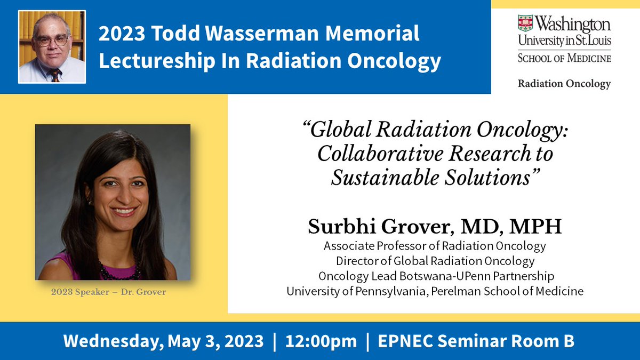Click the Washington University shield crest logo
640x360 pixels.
tap(525, 23)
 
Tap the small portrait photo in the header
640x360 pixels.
tap(52, 47)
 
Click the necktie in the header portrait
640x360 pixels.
tap(55, 74)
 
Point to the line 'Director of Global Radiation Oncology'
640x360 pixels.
tap(435, 261)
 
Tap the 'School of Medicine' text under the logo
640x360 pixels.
tap(564, 58)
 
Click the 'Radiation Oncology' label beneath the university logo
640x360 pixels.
tap(564, 84)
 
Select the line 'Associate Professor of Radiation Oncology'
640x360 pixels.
tap(435, 246)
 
